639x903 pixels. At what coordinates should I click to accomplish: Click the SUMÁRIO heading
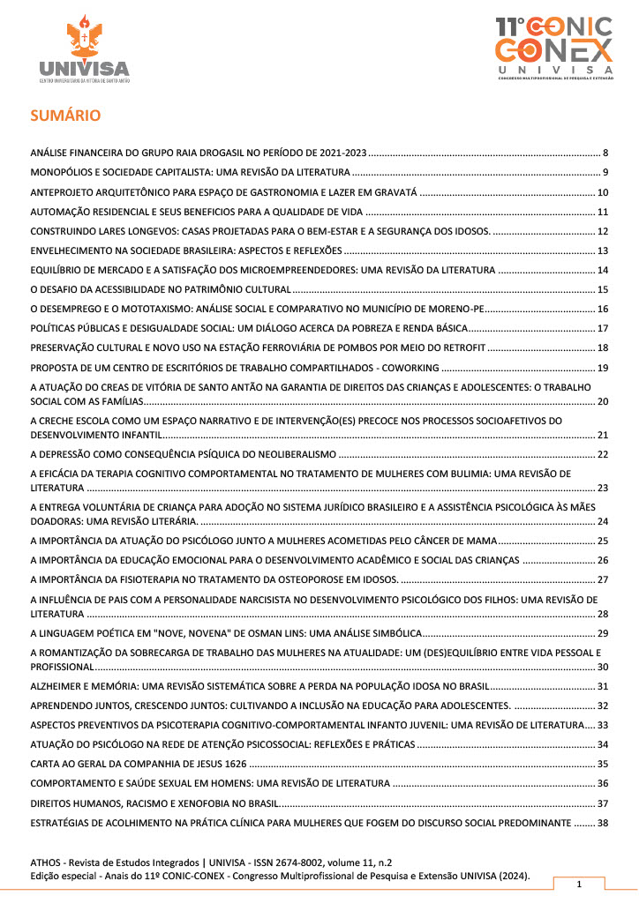65,115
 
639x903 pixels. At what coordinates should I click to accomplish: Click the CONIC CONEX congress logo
553,49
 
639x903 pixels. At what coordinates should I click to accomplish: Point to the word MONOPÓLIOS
66,172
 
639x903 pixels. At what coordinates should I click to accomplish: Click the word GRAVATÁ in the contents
394,192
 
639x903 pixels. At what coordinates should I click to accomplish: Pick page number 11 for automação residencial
603,212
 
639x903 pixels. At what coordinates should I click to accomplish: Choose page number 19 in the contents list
603,367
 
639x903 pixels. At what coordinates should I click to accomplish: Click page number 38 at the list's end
603,822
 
